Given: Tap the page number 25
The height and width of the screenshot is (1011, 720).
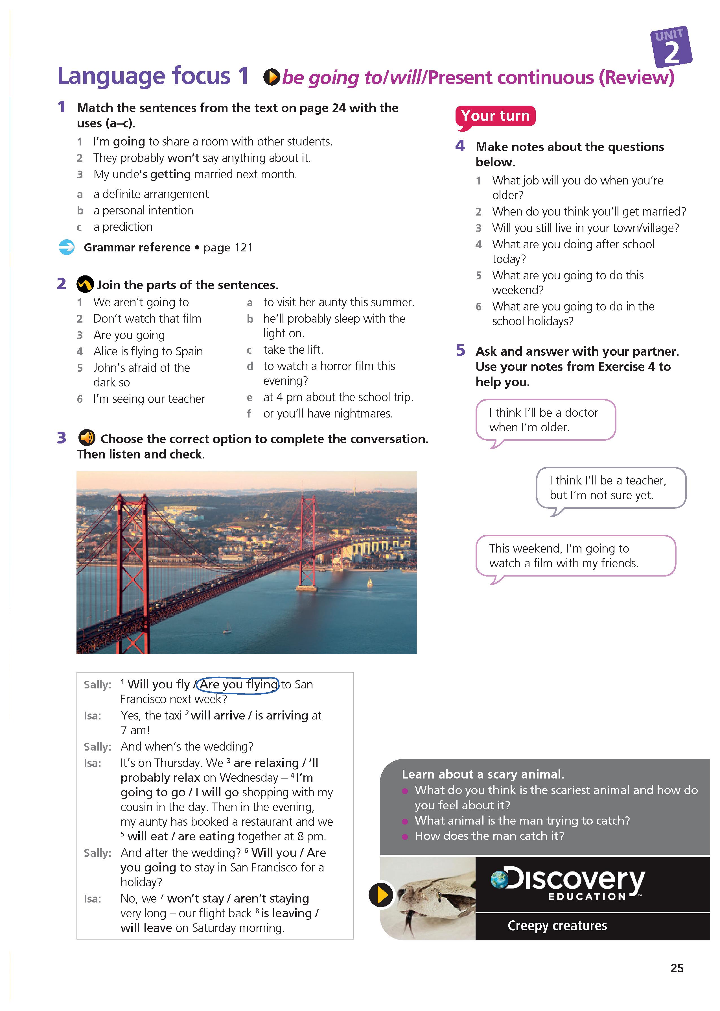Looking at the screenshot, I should coord(677,968).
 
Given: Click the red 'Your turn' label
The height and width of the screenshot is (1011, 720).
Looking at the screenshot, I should coord(495,116).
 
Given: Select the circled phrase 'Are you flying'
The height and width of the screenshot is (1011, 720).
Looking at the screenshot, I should coord(238,684).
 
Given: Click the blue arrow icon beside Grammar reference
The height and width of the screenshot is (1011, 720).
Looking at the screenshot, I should coord(67,247).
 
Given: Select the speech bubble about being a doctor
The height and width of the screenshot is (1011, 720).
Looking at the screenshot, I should coord(545,420).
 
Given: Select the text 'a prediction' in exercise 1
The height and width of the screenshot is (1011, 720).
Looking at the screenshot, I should coord(123,227).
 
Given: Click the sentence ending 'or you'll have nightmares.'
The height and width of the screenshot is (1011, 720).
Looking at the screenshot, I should coord(328,414).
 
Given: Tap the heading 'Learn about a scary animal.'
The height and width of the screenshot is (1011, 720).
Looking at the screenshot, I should coord(483,774).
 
